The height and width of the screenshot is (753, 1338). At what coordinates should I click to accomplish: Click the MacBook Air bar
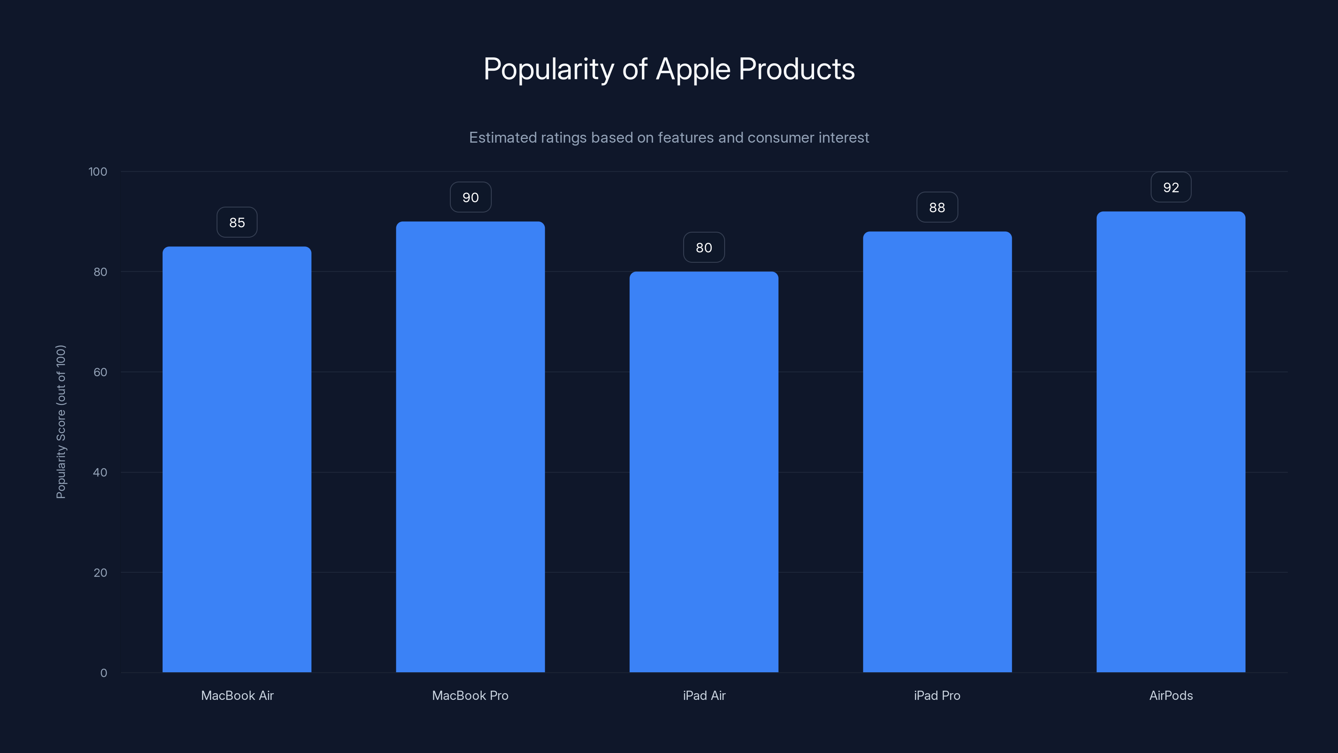click(x=237, y=459)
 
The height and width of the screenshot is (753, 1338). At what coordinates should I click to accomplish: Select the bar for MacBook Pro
click(x=470, y=447)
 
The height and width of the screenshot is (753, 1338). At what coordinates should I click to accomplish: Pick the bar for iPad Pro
click(x=937, y=452)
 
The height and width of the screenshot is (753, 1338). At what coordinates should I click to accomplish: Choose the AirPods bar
click(x=1171, y=442)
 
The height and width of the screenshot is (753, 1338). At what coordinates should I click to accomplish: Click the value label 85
click(x=237, y=223)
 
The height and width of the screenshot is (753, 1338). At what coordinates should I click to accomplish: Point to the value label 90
click(x=470, y=197)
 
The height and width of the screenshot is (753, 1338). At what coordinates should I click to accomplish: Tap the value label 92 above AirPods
click(x=1171, y=187)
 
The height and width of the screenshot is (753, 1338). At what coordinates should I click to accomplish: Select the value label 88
click(x=937, y=207)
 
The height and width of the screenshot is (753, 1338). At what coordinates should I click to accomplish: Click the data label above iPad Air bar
click(x=704, y=247)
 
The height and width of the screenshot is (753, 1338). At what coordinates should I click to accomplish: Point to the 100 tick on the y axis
click(x=98, y=172)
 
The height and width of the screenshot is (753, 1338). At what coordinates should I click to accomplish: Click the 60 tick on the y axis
click(x=100, y=372)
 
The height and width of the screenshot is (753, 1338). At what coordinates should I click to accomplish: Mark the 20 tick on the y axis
click(x=100, y=573)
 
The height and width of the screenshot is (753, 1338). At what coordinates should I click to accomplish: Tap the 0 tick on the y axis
click(x=103, y=673)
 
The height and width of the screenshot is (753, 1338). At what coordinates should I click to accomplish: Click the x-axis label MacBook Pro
click(x=470, y=695)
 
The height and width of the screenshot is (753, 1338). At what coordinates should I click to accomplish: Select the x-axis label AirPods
click(x=1171, y=695)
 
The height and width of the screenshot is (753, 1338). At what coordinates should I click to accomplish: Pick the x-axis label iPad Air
click(x=704, y=695)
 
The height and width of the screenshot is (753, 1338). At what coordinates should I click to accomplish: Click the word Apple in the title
click(x=693, y=69)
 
